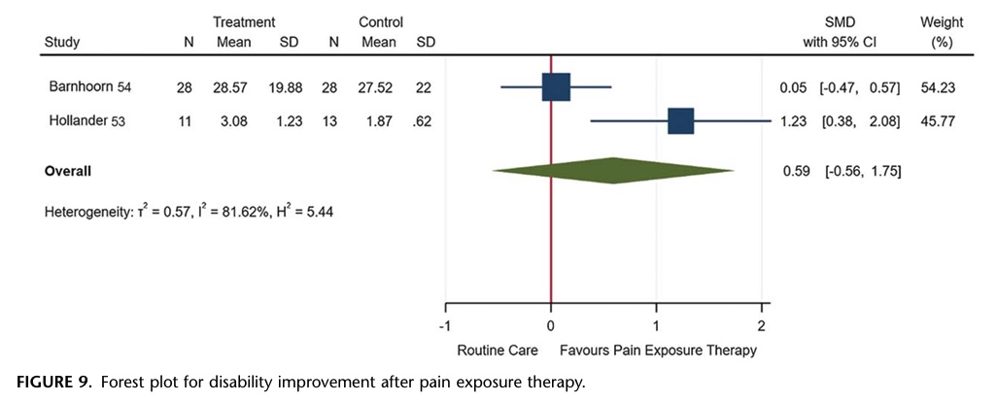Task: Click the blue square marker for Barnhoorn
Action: point(556,87)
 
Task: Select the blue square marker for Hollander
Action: point(680,121)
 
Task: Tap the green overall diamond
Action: point(614,172)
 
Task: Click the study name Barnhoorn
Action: point(81,87)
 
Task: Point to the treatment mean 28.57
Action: point(234,87)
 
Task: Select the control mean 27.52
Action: point(378,87)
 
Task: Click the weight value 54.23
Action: point(940,87)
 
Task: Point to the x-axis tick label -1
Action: point(444,325)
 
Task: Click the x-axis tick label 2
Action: point(762,325)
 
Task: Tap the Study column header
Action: point(62,42)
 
